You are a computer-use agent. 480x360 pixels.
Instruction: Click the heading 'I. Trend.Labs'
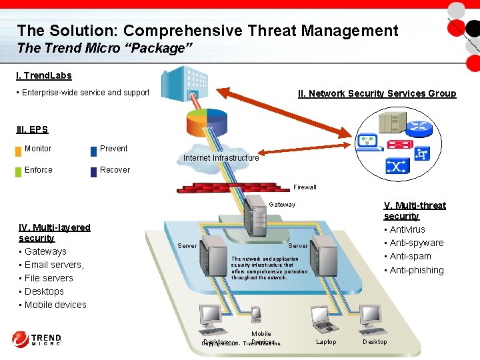(x=44, y=76)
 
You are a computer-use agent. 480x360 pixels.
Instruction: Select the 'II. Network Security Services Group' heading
(x=377, y=93)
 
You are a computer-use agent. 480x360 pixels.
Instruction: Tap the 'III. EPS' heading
(x=33, y=129)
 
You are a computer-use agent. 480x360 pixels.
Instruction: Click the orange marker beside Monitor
(x=18, y=150)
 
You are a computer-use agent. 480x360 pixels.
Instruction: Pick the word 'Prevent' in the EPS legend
(x=113, y=149)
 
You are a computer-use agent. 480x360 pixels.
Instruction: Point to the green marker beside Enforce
(x=18, y=171)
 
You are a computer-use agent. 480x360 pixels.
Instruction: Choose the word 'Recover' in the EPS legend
(x=115, y=170)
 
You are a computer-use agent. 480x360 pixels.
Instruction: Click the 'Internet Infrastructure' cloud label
(x=221, y=158)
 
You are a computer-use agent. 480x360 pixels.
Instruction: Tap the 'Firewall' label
(x=305, y=187)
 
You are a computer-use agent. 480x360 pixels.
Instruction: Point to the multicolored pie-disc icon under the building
(x=207, y=122)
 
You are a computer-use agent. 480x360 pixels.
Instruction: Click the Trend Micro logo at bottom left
(x=37, y=339)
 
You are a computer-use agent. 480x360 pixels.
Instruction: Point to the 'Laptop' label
(x=326, y=342)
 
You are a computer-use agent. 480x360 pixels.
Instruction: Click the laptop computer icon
(x=327, y=318)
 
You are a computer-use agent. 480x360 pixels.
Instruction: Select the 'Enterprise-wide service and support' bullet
(x=85, y=93)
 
